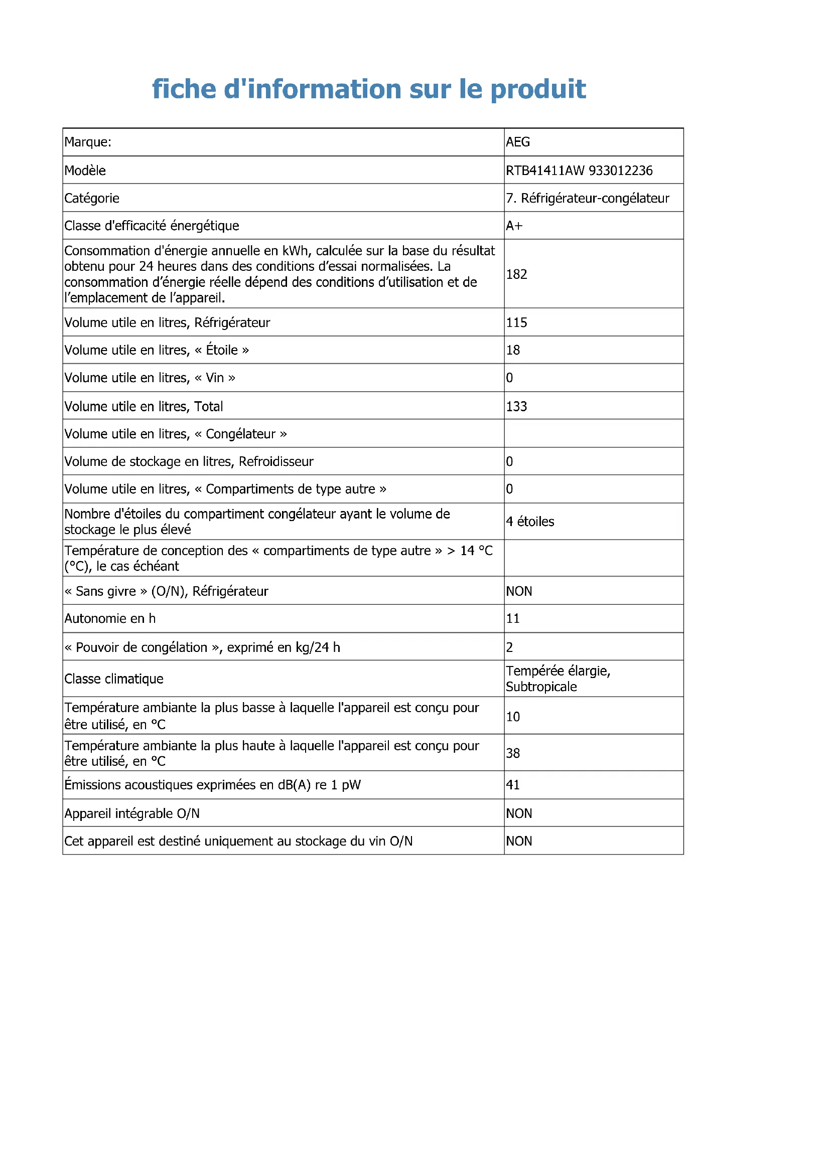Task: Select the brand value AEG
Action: coord(518,142)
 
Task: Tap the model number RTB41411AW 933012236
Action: coord(579,171)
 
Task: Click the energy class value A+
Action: coord(514,226)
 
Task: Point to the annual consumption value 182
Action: coord(516,274)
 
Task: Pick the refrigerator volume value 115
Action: coord(516,322)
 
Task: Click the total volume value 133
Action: coord(516,407)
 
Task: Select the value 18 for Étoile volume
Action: coord(513,350)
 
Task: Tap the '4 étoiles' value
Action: coord(530,522)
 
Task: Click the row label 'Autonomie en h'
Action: coord(110,619)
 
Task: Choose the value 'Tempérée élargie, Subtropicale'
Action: coord(558,679)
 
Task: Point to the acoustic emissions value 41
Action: coord(513,785)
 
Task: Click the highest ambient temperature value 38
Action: coord(513,753)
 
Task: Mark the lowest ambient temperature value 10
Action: coord(513,717)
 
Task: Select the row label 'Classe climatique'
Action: coord(114,679)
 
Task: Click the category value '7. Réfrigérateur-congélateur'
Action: coord(587,198)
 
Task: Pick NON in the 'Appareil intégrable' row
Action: coord(519,813)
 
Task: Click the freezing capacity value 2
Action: coord(509,647)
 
